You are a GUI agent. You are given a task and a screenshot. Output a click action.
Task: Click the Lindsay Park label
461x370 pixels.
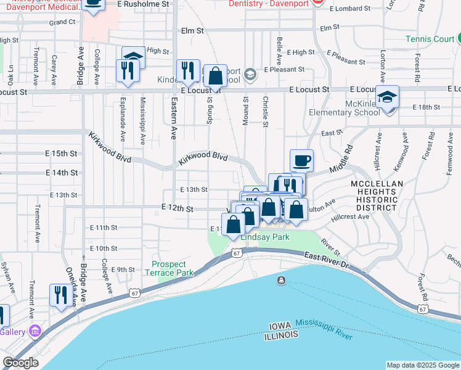click(x=265, y=237)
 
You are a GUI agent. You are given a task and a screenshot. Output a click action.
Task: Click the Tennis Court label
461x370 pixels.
click(x=430, y=39)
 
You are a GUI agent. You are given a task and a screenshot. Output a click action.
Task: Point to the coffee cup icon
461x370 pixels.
click(x=301, y=161)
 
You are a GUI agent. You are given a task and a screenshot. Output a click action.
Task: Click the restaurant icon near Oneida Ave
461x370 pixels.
click(x=60, y=295)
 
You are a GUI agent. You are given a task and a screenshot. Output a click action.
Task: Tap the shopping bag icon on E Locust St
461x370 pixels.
click(x=215, y=76)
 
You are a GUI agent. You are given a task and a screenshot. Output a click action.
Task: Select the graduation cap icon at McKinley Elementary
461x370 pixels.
click(x=388, y=97)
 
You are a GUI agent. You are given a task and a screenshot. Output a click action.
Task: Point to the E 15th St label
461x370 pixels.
click(x=61, y=153)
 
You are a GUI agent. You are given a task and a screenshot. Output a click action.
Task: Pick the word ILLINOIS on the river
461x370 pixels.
click(x=281, y=334)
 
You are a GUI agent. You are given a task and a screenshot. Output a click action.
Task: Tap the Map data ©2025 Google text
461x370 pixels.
click(x=422, y=365)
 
